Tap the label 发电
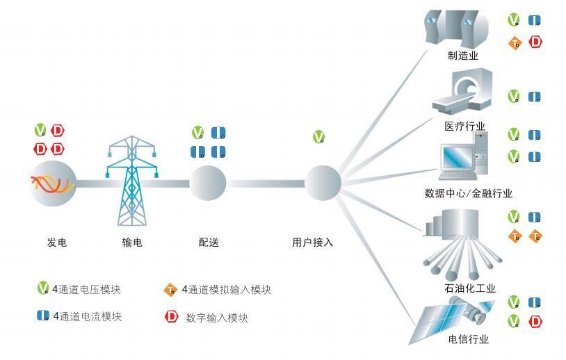pyautogui.click(x=57, y=243)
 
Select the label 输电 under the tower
pyautogui.click(x=131, y=243)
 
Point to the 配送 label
pyautogui.click(x=208, y=243)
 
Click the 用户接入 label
pyautogui.click(x=312, y=243)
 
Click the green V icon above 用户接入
pyautogui.click(x=319, y=137)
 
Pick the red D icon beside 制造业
pyautogui.click(x=535, y=42)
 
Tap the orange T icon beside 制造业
pyautogui.click(x=515, y=43)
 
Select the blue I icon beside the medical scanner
pyautogui.click(x=535, y=97)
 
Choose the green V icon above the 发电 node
pyautogui.click(x=41, y=130)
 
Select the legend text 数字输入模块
pyautogui.click(x=216, y=318)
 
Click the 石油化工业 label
pyautogui.click(x=469, y=288)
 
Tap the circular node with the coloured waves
pyautogui.click(x=52, y=183)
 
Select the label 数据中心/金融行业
pyautogui.click(x=468, y=193)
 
